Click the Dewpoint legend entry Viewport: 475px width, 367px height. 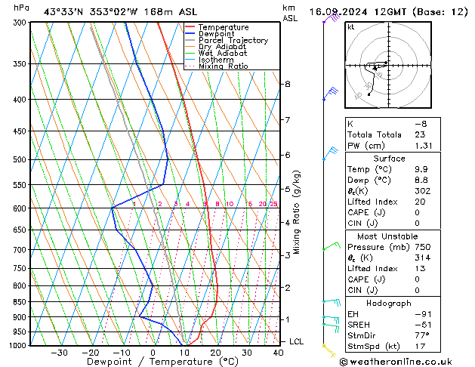coord(217,34)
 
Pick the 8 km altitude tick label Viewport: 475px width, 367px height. coord(288,84)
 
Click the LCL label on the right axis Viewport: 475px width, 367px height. coord(297,342)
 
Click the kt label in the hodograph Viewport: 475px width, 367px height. coord(351,27)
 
